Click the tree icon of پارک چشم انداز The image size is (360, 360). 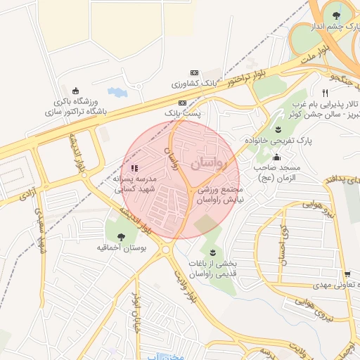coord(333,15)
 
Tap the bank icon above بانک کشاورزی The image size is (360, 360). coord(195,73)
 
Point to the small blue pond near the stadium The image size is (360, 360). coord(114,92)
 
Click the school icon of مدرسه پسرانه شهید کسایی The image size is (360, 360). coord(134,168)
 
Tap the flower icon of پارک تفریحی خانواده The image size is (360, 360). coord(278,129)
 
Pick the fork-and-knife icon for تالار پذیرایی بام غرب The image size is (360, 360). coord(325,92)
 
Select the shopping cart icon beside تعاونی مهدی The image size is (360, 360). coord(347,274)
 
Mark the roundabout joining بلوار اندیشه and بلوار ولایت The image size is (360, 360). coord(166,249)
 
